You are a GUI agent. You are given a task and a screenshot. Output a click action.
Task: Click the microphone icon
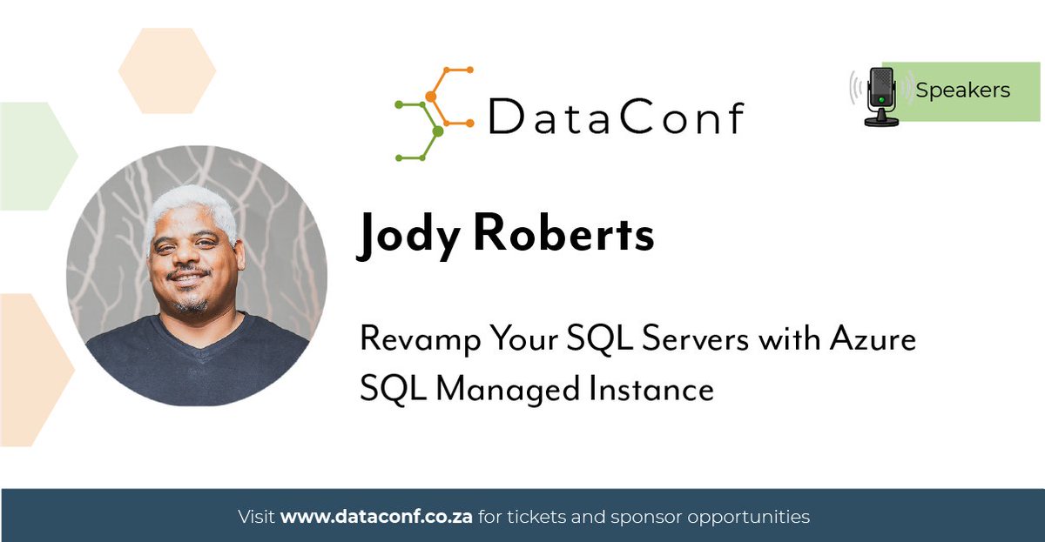click(x=882, y=97)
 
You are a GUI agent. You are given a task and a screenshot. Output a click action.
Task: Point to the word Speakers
click(x=962, y=90)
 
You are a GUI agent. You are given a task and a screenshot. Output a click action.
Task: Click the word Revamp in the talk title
click(x=415, y=338)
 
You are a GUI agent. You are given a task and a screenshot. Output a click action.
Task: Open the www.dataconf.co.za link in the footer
click(x=376, y=517)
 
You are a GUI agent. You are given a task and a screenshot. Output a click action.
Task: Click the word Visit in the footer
click(x=257, y=517)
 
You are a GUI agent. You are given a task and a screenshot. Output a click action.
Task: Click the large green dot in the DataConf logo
click(x=438, y=131)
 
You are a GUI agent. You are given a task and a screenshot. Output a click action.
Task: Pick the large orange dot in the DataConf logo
click(x=430, y=97)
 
